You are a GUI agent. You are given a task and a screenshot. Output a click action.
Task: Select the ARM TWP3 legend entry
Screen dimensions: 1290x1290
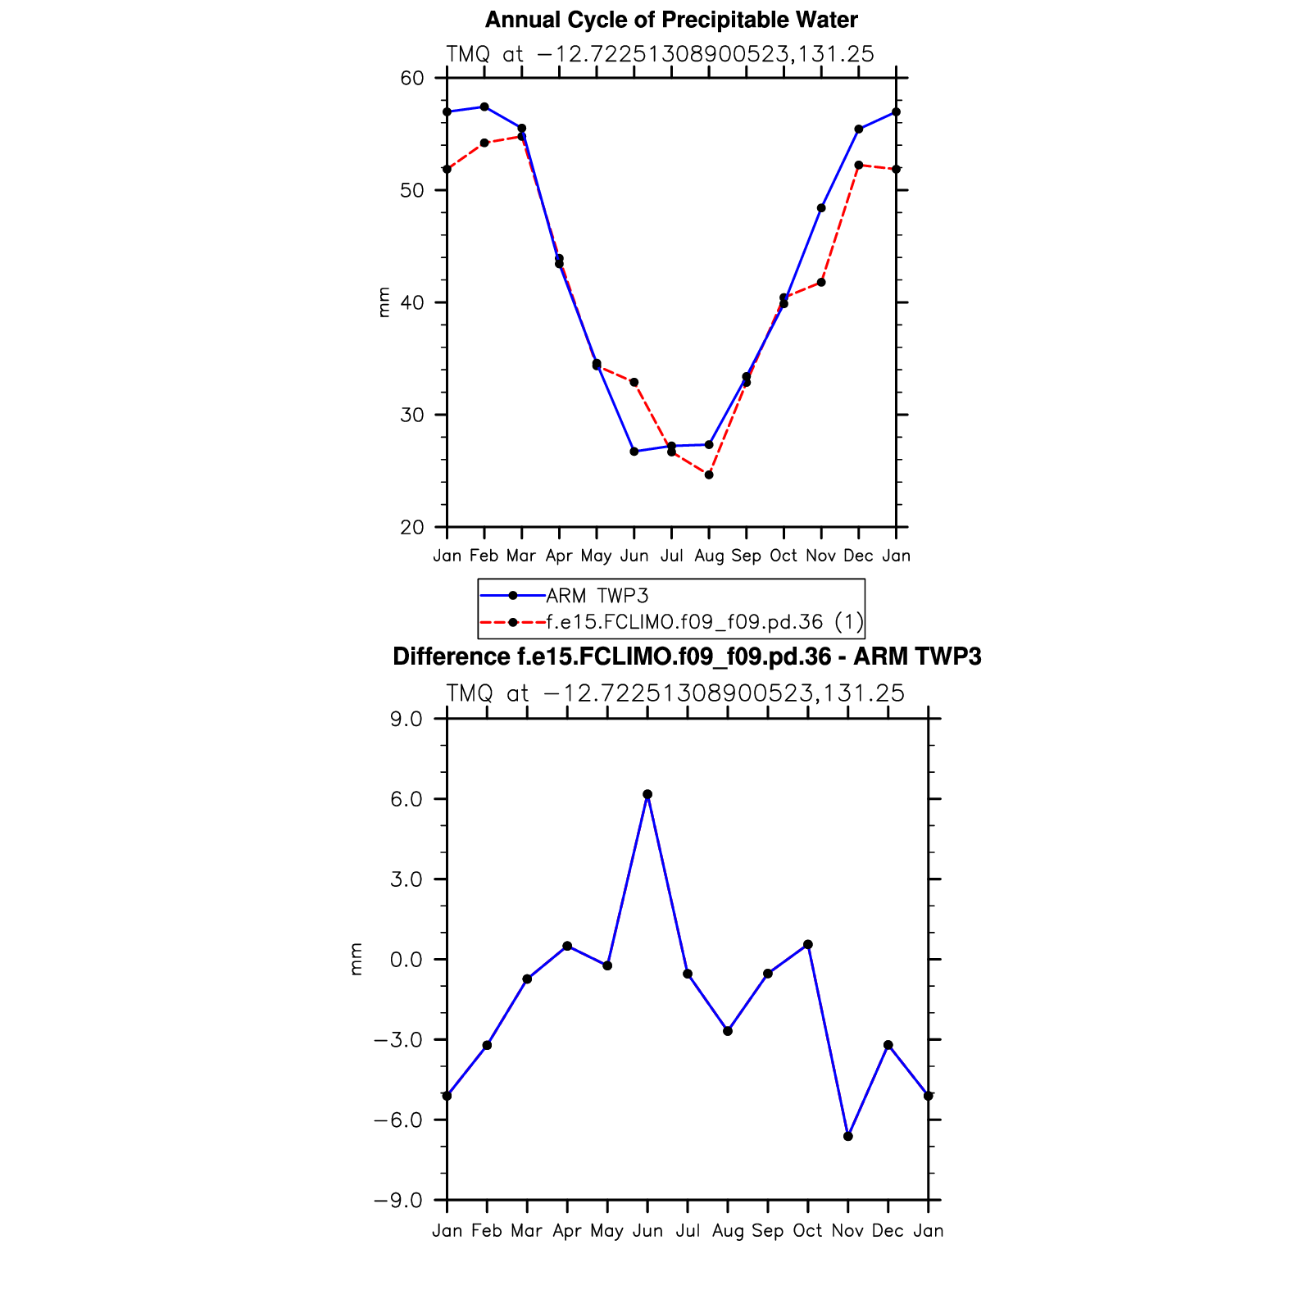coord(597,596)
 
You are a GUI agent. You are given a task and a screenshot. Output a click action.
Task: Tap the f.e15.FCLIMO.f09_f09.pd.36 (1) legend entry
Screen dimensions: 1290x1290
coord(704,622)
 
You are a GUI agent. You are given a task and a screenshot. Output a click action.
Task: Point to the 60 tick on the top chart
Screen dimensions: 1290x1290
coord(412,79)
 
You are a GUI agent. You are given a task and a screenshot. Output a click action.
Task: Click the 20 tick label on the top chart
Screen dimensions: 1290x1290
coord(412,528)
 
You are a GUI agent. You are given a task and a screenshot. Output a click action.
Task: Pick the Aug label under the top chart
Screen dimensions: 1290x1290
coord(709,556)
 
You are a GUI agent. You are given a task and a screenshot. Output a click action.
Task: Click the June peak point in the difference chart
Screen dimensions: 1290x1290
coord(647,794)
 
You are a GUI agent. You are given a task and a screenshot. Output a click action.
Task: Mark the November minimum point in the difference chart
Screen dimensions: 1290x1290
coord(848,1137)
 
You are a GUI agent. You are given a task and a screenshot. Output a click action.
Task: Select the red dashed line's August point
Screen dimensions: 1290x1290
coord(709,475)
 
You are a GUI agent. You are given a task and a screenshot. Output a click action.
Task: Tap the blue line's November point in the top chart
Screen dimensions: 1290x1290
coord(821,208)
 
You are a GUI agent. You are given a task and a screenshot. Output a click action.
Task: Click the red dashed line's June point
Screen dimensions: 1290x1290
coord(634,383)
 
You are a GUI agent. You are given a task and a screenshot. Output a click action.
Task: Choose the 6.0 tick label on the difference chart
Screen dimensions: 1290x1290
coord(406,799)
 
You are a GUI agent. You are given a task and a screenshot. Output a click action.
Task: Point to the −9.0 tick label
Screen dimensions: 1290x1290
coord(399,1201)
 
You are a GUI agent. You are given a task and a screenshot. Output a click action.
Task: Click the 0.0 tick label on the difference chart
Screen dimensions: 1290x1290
coord(406,960)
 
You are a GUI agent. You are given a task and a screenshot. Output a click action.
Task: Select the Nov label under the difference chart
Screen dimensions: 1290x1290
coord(847,1231)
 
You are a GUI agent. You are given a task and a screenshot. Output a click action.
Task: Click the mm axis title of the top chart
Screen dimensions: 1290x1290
coord(384,302)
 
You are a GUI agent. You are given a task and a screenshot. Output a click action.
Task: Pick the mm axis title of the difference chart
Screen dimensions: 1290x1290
coord(356,960)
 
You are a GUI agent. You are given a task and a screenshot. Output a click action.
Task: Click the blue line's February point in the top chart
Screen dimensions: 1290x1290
coord(484,107)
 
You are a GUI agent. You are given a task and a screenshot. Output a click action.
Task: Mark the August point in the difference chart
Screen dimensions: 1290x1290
coord(728,1031)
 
